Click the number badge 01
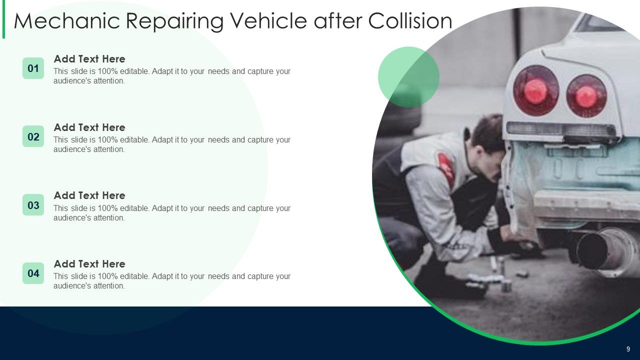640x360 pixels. [33, 68]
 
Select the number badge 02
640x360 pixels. [33, 136]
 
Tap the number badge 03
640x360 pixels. [33, 205]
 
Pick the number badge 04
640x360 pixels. [33, 273]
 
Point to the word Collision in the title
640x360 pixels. [410, 21]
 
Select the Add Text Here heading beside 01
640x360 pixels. [89, 59]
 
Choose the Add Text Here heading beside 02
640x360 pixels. [89, 127]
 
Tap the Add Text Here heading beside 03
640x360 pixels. [89, 195]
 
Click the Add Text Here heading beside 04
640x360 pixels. [89, 264]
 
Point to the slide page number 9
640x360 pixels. [628, 349]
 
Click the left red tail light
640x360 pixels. [535, 90]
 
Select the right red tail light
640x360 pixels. [586, 96]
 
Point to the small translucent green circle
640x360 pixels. [408, 77]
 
